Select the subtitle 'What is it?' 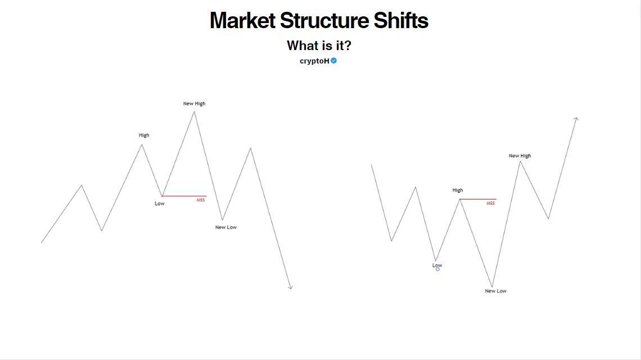tap(319, 46)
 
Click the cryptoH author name tap(314, 61)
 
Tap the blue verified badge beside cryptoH tap(334, 61)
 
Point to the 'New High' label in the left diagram tap(194, 103)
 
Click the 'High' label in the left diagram tap(144, 135)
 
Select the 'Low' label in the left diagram tap(160, 203)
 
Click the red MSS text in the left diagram tap(201, 200)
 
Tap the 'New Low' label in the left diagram tap(226, 227)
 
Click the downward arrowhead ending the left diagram tap(290, 287)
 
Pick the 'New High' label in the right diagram tap(520, 156)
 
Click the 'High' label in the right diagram tap(458, 190)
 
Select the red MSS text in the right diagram tap(490, 203)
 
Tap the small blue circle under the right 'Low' tap(437, 269)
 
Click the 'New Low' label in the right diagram tap(495, 291)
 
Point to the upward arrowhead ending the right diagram tap(576, 118)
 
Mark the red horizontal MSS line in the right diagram tap(478, 199)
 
